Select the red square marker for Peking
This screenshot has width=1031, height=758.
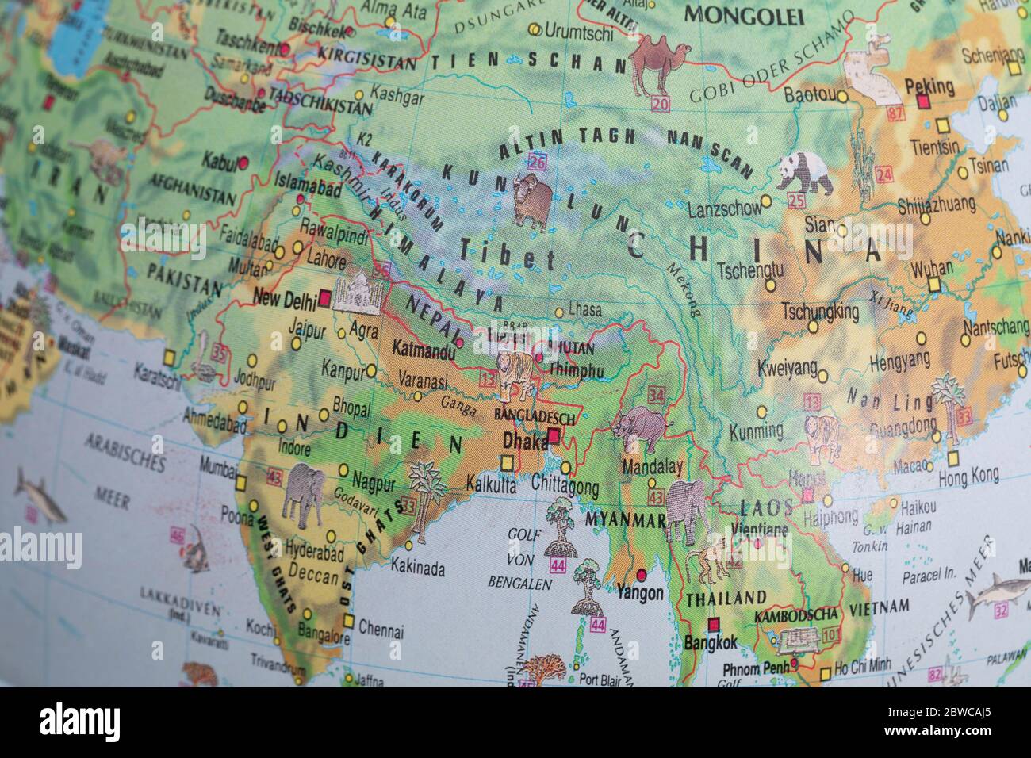point(922,102)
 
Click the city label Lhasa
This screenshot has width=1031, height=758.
point(584,310)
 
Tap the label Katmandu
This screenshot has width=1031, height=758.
point(424,349)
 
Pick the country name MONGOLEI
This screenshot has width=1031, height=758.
point(744,16)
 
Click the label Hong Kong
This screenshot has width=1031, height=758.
point(968,476)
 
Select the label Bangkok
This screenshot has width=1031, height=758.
point(711,643)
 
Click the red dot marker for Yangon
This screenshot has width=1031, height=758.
point(642,574)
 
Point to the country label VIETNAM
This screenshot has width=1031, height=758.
point(880,607)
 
